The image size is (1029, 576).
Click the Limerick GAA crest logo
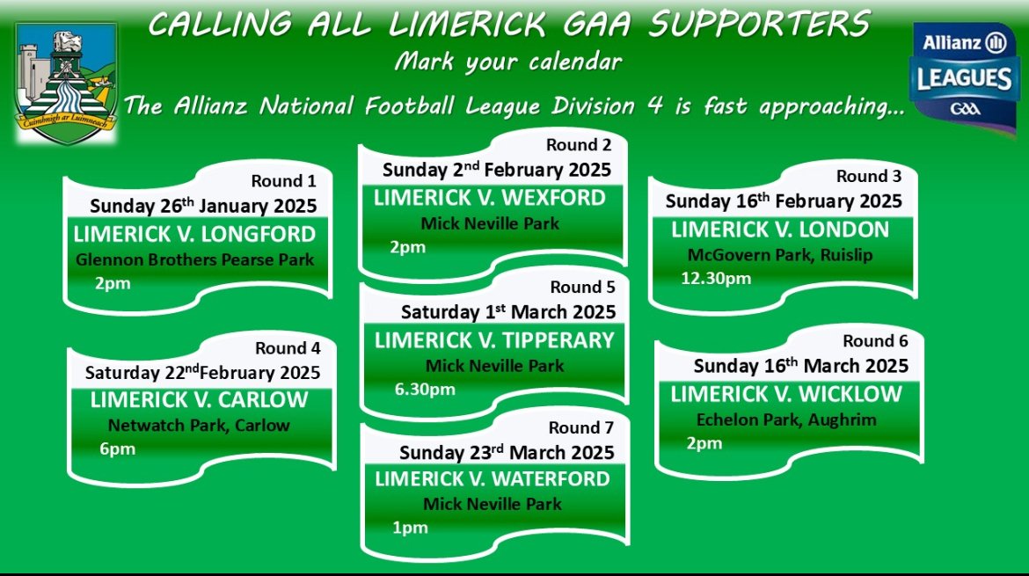pyautogui.click(x=66, y=84)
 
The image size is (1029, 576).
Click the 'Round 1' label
pyautogui.click(x=283, y=180)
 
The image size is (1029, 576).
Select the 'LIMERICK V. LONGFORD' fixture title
pyautogui.click(x=194, y=234)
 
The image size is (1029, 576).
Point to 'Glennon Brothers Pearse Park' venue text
pyautogui.click(x=195, y=259)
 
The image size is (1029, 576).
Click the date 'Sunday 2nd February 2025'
pyautogui.click(x=497, y=170)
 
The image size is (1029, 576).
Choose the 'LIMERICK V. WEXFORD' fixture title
pyautogui.click(x=490, y=198)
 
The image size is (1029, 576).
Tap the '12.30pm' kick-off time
pyautogui.click(x=716, y=278)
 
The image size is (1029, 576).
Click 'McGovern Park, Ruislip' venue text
pyautogui.click(x=780, y=255)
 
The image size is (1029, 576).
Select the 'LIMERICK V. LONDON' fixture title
pyautogui.click(x=780, y=230)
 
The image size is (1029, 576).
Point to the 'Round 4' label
pyautogui.click(x=288, y=347)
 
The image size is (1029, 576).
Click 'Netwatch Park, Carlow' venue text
pyautogui.click(x=199, y=425)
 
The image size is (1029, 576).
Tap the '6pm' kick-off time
pyautogui.click(x=118, y=449)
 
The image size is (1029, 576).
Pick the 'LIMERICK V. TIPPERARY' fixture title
pyautogui.click(x=495, y=340)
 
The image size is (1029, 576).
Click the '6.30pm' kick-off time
pyautogui.click(x=425, y=390)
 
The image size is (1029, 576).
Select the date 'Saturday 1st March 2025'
pyautogui.click(x=508, y=312)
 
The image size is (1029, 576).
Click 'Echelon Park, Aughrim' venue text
pyautogui.click(x=786, y=419)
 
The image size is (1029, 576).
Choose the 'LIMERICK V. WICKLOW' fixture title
pyautogui.click(x=786, y=394)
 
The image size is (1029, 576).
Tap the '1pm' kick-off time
pyautogui.click(x=410, y=529)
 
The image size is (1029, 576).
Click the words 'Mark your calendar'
pyautogui.click(x=508, y=62)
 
